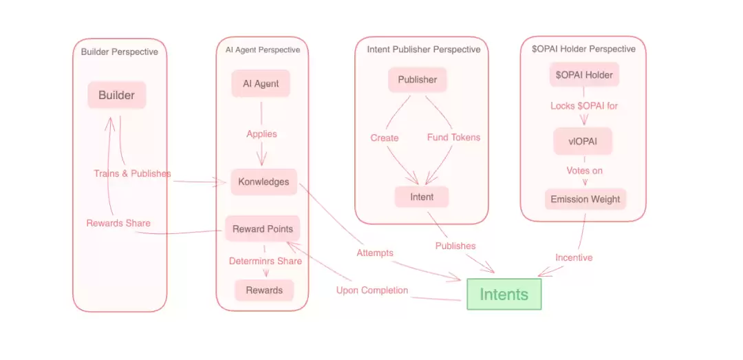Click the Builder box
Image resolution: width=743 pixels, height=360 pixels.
pyautogui.click(x=116, y=95)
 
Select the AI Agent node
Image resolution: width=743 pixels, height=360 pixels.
pyautogui.click(x=261, y=83)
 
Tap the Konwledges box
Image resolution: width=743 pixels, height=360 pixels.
pyautogui.click(x=263, y=182)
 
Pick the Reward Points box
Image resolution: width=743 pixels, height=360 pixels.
pyautogui.click(x=262, y=229)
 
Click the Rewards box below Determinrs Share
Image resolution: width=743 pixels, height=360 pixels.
pyautogui.click(x=264, y=290)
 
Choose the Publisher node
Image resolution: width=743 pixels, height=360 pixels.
pyautogui.click(x=417, y=79)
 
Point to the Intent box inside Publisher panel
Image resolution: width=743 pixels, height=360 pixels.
pyautogui.click(x=422, y=197)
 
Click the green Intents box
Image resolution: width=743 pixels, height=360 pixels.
pyautogui.click(x=504, y=294)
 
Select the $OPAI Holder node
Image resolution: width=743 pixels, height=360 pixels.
pyautogui.click(x=584, y=74)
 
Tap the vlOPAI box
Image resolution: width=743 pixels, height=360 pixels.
pyautogui.click(x=583, y=141)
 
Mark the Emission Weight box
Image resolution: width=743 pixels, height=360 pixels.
pyautogui.click(x=585, y=199)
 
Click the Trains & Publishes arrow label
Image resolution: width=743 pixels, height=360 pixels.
pyautogui.click(x=132, y=173)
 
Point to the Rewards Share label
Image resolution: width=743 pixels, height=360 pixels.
pyautogui.click(x=118, y=223)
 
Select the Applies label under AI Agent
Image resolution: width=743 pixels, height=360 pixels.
pyautogui.click(x=261, y=134)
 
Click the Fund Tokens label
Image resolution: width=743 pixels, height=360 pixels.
pyautogui.click(x=453, y=137)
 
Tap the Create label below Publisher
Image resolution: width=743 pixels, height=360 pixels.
pyautogui.click(x=385, y=138)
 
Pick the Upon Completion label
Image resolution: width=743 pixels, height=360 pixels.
pyautogui.click(x=371, y=290)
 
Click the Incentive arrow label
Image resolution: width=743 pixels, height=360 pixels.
pyautogui.click(x=574, y=257)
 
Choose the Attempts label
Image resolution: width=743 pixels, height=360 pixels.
pyautogui.click(x=375, y=253)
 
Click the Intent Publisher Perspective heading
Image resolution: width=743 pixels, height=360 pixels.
pyautogui.click(x=423, y=50)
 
